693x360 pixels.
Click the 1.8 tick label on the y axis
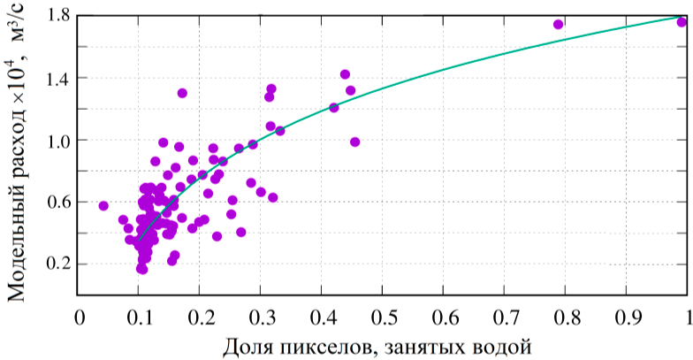(x=57, y=15)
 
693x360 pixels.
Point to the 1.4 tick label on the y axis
(x=57, y=78)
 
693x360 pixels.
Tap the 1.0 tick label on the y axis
(x=57, y=140)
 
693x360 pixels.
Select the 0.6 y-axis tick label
(x=57, y=202)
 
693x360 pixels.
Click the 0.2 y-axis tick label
(x=57, y=264)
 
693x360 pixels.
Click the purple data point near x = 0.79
(x=558, y=24)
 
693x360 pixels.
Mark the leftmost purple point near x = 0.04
(x=103, y=206)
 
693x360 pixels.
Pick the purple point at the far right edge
(x=682, y=22)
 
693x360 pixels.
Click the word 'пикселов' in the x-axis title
(x=324, y=344)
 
